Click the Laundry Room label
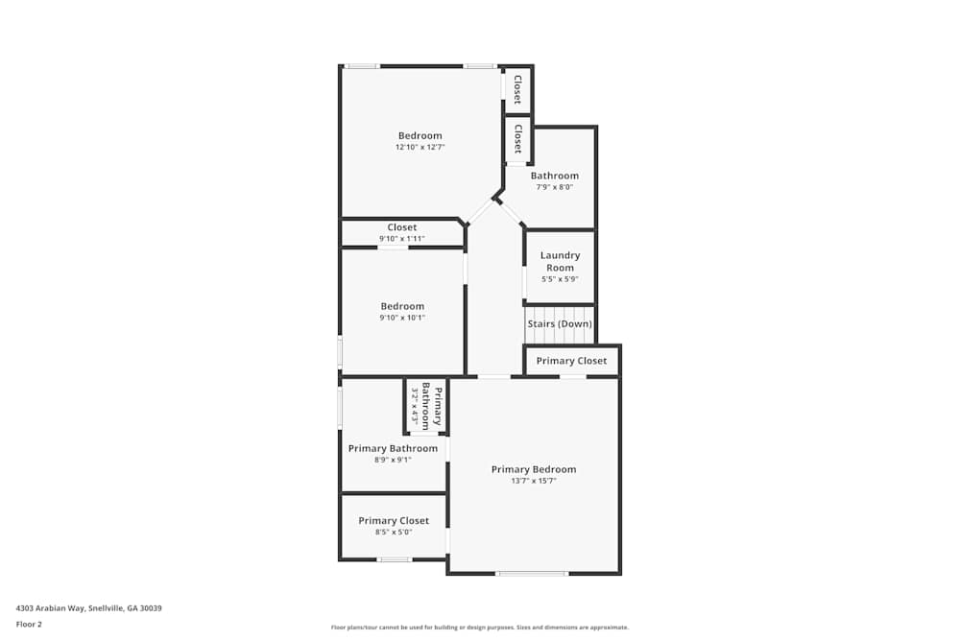pyautogui.click(x=560, y=261)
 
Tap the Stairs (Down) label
pyautogui.click(x=560, y=323)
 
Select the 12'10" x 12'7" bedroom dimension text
pyautogui.click(x=420, y=147)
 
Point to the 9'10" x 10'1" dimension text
pyautogui.click(x=402, y=318)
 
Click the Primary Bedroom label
pyautogui.click(x=534, y=469)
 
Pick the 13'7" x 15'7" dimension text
pyautogui.click(x=534, y=481)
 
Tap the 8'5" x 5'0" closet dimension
pyautogui.click(x=394, y=533)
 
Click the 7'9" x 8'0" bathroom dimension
pyautogui.click(x=555, y=187)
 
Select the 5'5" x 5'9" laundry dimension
pyautogui.click(x=560, y=279)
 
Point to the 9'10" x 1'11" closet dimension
pyautogui.click(x=401, y=239)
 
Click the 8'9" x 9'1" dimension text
pyautogui.click(x=393, y=460)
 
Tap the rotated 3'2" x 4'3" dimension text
pyautogui.click(x=415, y=406)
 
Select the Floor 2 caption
pyautogui.click(x=29, y=624)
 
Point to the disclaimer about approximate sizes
pyautogui.click(x=480, y=628)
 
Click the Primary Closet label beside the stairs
pyautogui.click(x=572, y=361)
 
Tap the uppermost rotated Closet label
pyautogui.click(x=518, y=89)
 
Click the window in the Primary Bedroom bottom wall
pyautogui.click(x=532, y=573)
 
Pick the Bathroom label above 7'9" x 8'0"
pyautogui.click(x=555, y=176)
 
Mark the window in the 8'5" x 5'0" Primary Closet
pyautogui.click(x=395, y=559)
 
